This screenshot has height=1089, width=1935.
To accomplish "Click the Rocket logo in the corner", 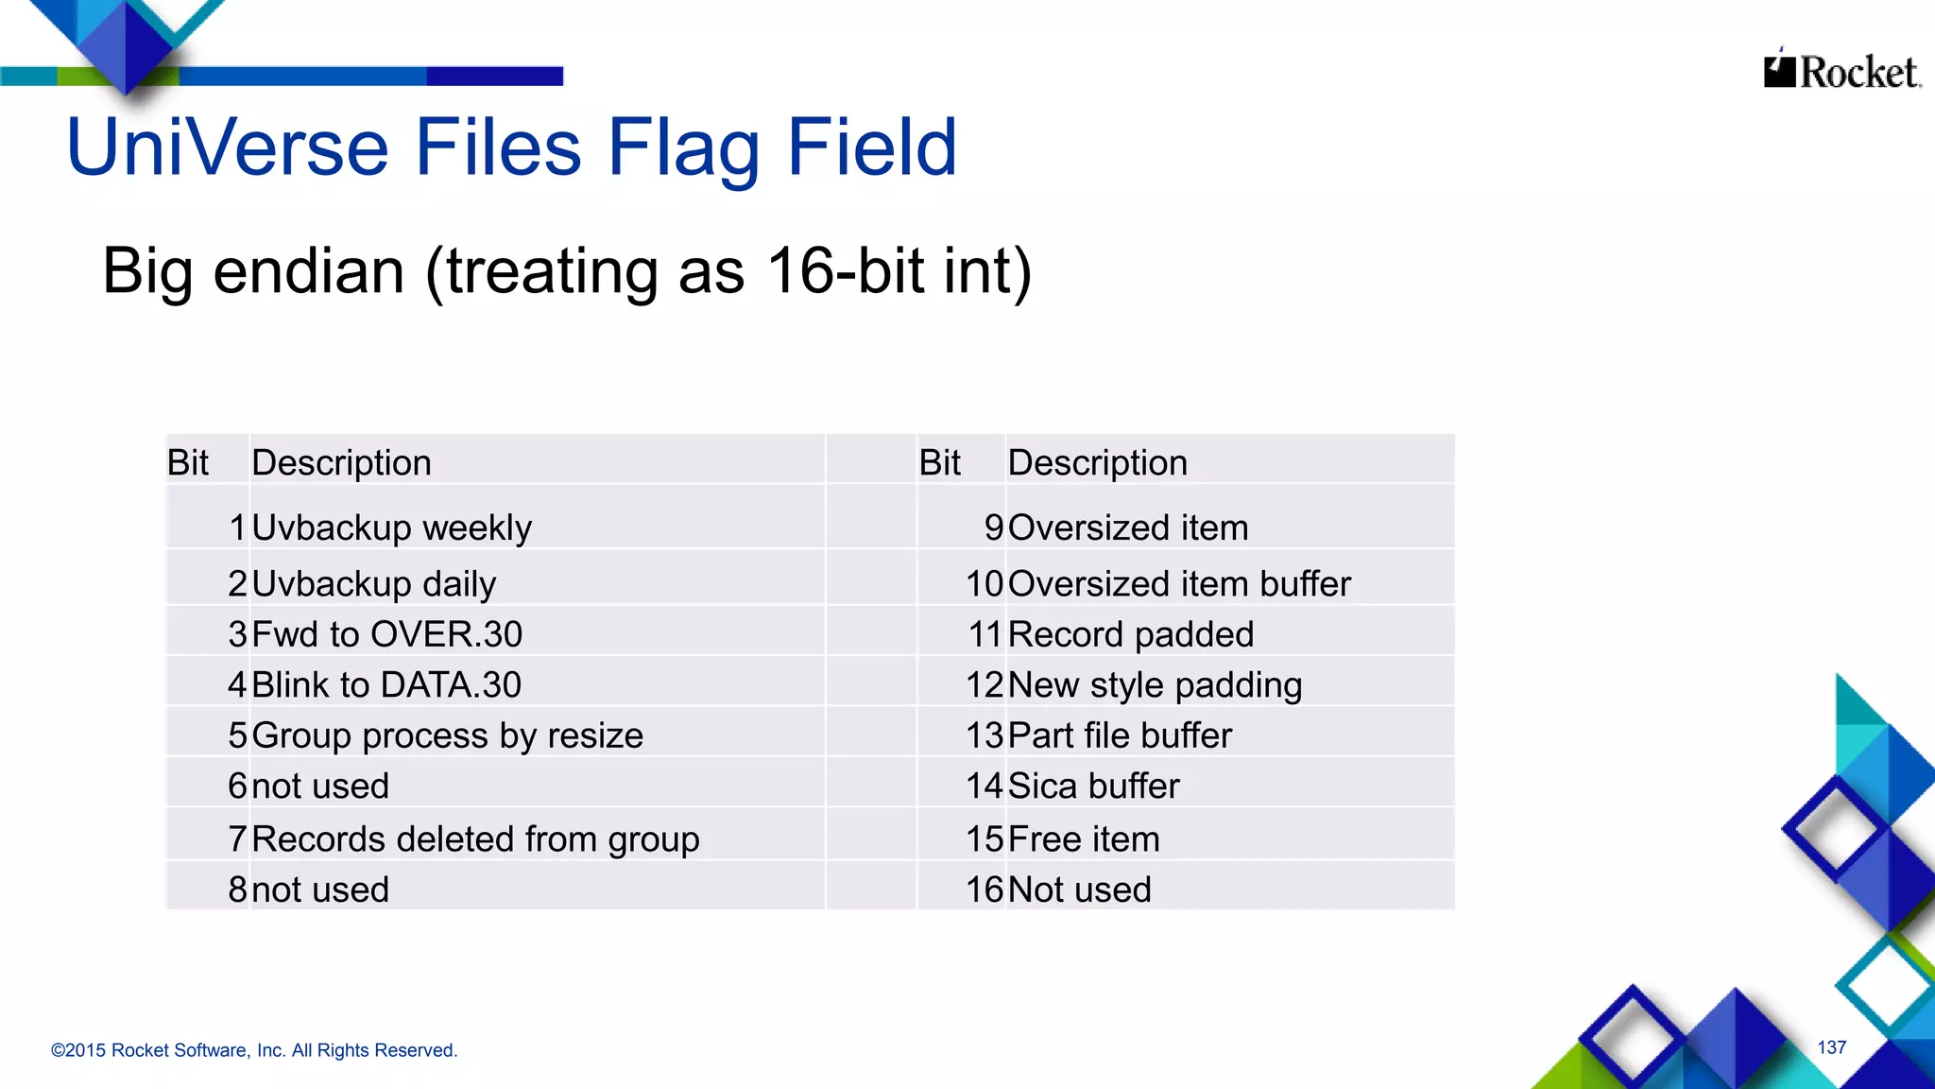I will (x=1841, y=71).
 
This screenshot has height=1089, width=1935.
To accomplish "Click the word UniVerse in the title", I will (x=228, y=147).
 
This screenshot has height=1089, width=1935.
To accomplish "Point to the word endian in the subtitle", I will (x=309, y=271).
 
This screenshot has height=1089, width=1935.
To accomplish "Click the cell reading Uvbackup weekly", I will (x=391, y=527).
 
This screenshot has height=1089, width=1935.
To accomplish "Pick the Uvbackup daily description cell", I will (x=373, y=584).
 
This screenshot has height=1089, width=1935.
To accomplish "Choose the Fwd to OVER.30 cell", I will (x=386, y=634).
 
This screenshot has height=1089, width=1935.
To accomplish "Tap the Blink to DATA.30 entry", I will (x=385, y=685).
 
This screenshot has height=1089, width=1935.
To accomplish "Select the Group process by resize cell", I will (x=447, y=735).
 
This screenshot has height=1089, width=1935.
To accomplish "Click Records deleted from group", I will (x=475, y=839).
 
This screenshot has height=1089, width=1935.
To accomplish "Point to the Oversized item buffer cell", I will (x=1179, y=584).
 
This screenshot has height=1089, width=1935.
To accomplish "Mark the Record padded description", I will (x=1131, y=634).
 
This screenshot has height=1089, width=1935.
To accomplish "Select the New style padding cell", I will (x=1155, y=685).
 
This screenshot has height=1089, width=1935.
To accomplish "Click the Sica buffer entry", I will (x=1094, y=786).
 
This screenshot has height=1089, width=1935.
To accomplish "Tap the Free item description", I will (x=1084, y=839).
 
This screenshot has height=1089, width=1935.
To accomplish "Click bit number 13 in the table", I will (x=985, y=735).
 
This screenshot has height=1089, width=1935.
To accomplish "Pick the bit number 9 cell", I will (x=994, y=527).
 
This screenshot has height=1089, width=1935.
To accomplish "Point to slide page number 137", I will (x=1831, y=1047).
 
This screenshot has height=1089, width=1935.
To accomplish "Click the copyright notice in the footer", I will (x=254, y=1050).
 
